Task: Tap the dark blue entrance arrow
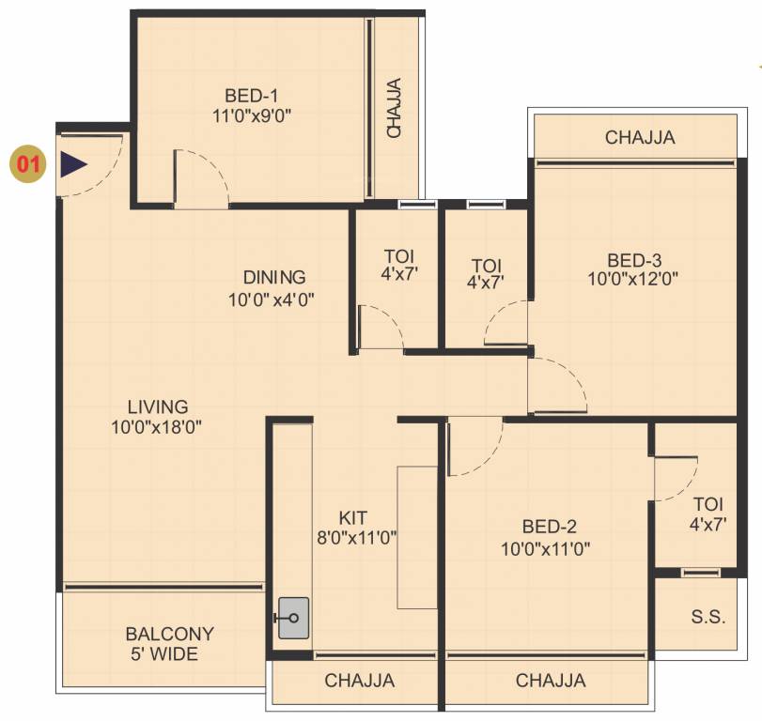72,164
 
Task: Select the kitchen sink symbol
293,618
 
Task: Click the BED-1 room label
251,95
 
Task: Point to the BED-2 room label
546,527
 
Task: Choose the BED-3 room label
633,259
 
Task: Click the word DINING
274,277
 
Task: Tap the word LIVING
158,407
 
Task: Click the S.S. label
708,617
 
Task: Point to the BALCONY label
169,634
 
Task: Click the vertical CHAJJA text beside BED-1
395,108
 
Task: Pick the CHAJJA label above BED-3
640,138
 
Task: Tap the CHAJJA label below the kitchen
360,681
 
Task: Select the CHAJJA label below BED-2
551,681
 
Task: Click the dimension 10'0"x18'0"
156,427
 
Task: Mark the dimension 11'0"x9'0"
251,115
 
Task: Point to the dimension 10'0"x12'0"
633,278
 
